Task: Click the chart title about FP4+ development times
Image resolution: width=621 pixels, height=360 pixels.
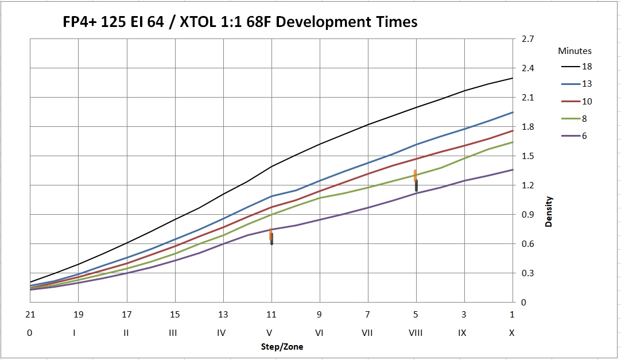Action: point(240,23)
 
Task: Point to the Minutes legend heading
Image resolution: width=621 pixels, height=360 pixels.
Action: point(575,51)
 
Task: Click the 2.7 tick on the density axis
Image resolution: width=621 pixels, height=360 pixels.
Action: point(527,39)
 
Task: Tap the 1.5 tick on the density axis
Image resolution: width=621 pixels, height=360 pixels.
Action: point(527,156)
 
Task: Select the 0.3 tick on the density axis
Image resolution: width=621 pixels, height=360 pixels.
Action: point(527,273)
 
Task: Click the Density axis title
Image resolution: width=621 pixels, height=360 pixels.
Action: point(549,211)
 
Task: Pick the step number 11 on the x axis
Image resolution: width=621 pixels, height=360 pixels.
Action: point(271,315)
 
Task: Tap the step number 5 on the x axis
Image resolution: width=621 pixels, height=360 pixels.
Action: point(416,315)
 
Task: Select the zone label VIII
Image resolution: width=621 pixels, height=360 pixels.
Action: point(416,333)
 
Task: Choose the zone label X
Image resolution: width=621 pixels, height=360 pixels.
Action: point(512,333)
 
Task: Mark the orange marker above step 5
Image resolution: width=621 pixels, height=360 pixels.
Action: point(415,175)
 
